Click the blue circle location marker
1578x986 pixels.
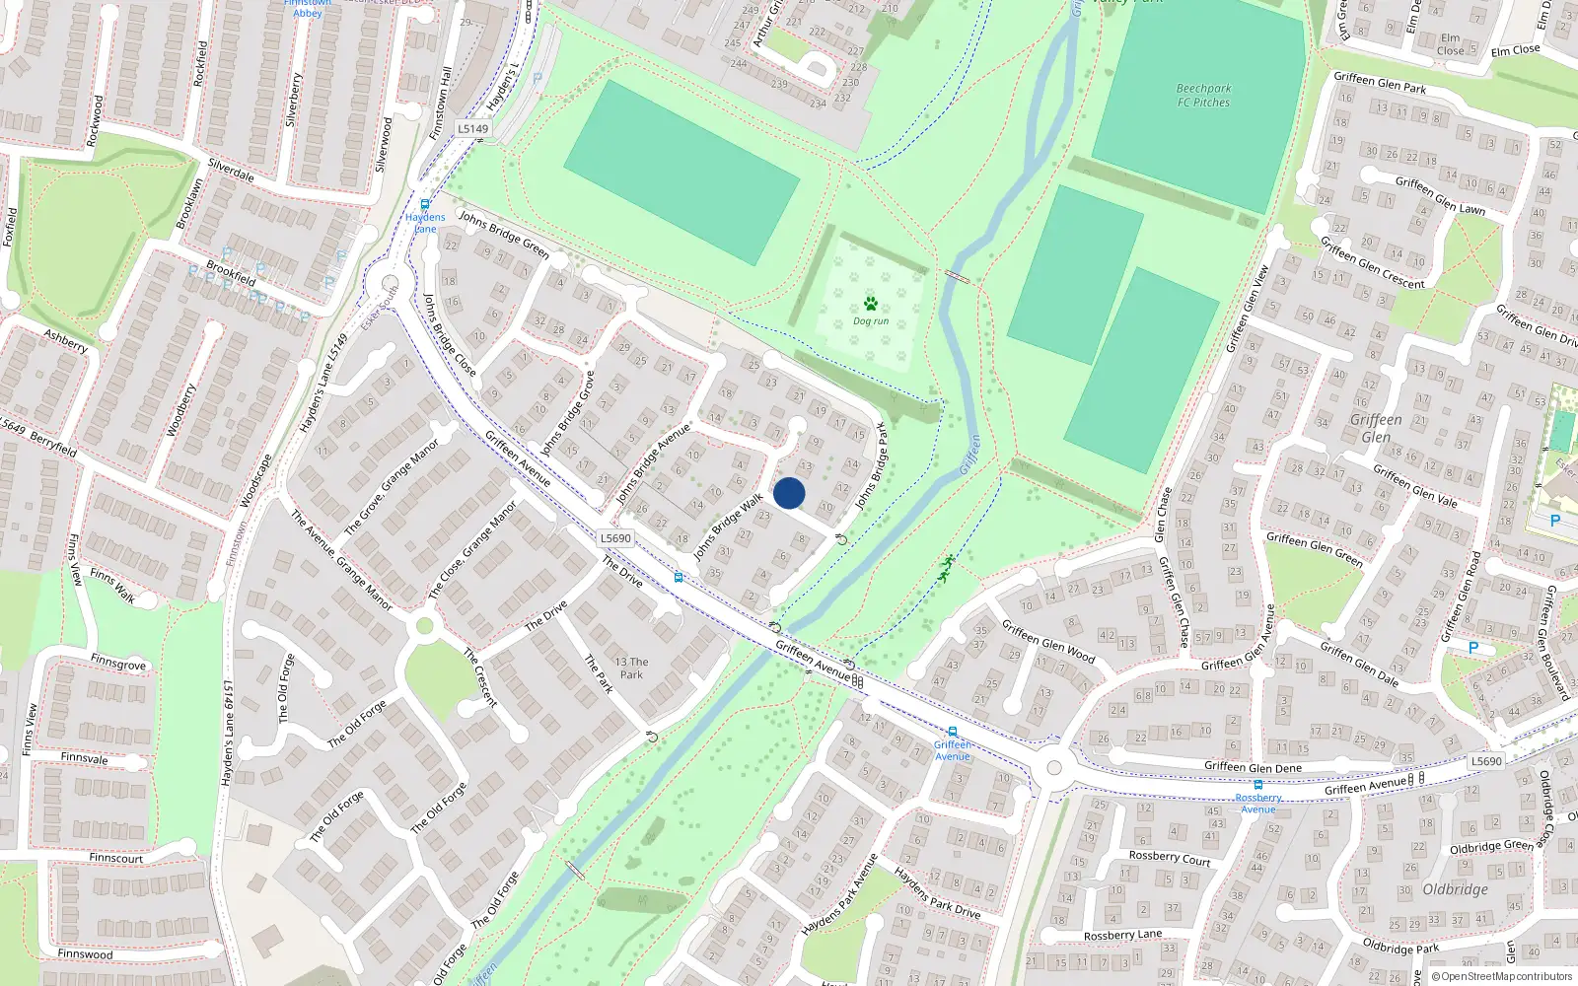[789, 493]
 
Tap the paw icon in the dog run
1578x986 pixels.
[871, 304]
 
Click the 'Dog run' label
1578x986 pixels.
[871, 321]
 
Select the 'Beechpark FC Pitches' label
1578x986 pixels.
[1203, 95]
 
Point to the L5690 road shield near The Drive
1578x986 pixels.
[615, 538]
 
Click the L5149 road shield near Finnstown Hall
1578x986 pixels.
[472, 128]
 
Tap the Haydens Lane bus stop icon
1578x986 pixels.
[425, 205]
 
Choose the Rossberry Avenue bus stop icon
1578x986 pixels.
[1257, 785]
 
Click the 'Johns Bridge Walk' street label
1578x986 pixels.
[728, 527]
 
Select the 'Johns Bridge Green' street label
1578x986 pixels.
[504, 236]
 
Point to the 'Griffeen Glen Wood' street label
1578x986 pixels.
[1048, 641]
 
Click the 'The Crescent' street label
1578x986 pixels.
[480, 677]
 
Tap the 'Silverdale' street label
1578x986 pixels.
[231, 171]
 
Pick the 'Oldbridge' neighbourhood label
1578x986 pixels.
[1455, 889]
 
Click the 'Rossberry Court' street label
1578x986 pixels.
[1169, 858]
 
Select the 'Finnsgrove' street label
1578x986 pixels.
[117, 664]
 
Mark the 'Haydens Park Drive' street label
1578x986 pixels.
[937, 893]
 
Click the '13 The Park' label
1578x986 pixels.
[631, 669]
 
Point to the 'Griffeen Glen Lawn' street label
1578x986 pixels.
[1440, 195]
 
